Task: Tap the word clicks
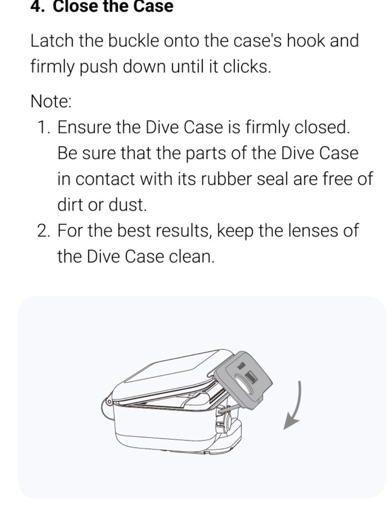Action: point(245,67)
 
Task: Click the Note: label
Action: point(51,101)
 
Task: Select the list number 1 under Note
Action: point(43,127)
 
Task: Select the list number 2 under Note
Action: point(43,230)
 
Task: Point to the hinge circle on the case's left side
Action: point(108,402)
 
